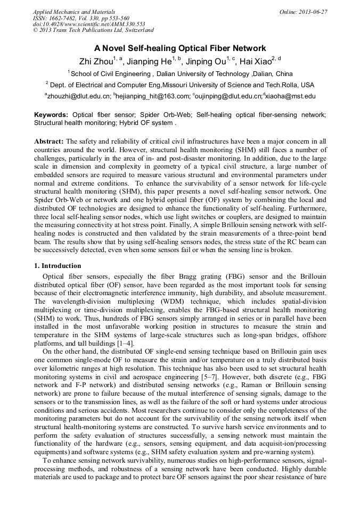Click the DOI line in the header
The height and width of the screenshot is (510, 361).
tap(89, 24)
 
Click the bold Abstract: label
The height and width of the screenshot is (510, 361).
tap(49, 141)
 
